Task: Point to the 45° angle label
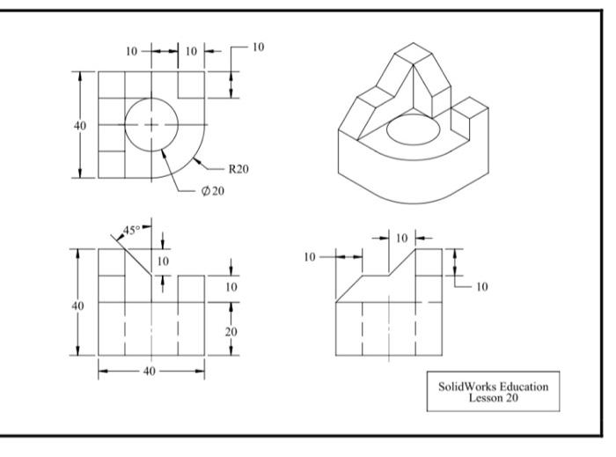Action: pos(131,230)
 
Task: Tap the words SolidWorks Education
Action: pos(493,385)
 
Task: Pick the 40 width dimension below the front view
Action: pos(149,371)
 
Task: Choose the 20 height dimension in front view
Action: pos(231,331)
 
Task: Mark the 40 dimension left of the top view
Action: pos(80,125)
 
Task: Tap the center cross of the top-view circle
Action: pos(151,125)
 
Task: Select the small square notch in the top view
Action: pos(191,85)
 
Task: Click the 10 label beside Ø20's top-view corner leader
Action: pos(257,47)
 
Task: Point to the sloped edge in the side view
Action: pos(403,262)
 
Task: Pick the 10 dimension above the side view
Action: pos(401,238)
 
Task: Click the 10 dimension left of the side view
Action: pos(309,257)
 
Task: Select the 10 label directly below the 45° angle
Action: pos(162,262)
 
